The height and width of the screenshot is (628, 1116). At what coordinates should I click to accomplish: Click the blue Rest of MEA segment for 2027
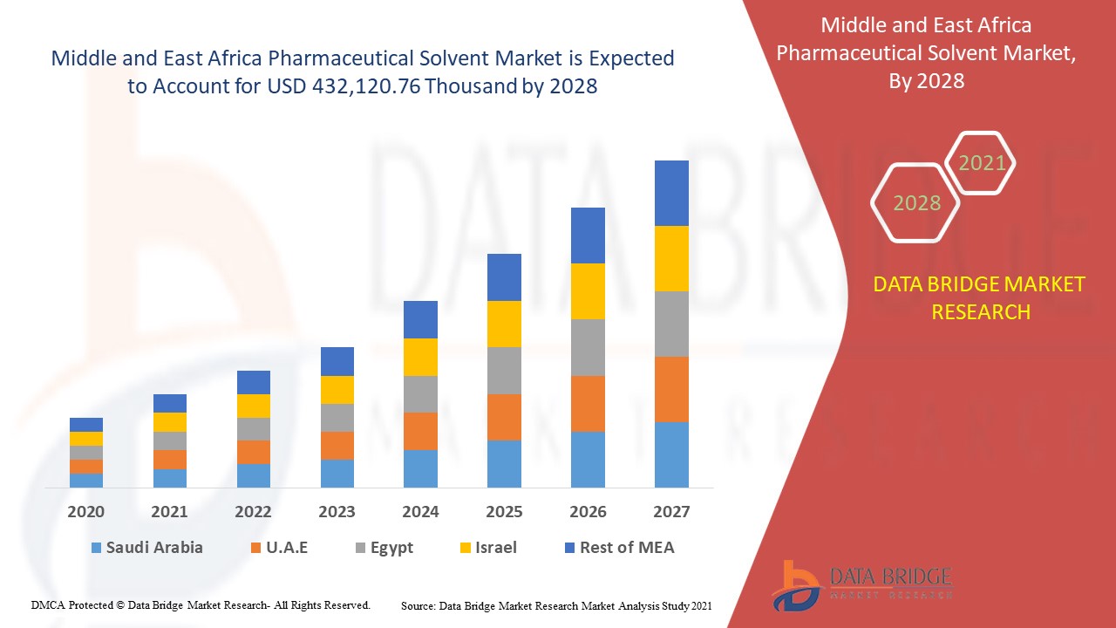point(671,193)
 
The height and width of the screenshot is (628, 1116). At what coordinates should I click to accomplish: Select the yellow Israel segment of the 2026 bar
point(588,291)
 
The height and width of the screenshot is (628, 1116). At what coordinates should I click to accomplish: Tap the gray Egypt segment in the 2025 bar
point(504,371)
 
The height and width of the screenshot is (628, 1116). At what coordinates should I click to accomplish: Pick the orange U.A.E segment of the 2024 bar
point(420,431)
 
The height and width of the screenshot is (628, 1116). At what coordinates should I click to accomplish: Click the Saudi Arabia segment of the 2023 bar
point(337,473)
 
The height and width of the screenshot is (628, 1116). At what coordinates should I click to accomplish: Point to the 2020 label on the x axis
point(86,512)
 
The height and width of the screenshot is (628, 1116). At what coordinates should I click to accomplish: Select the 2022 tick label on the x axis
point(253,512)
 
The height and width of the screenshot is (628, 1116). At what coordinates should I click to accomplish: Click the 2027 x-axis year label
point(671,512)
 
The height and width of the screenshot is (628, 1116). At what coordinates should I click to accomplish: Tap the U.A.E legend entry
point(278,548)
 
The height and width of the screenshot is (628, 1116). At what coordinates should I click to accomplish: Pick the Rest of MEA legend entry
point(618,548)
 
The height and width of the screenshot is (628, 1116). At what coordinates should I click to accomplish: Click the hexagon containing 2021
point(981,163)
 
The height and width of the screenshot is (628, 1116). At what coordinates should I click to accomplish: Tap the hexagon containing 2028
point(915,202)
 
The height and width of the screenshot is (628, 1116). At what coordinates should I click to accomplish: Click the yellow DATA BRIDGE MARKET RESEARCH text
point(980,298)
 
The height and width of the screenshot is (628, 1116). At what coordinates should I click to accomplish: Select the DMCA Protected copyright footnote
point(201,604)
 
